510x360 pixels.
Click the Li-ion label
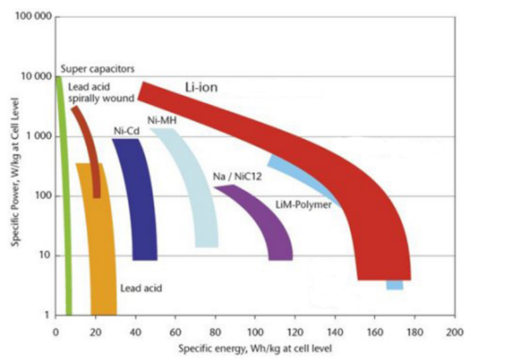[x=201, y=87]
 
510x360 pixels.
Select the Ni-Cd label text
[x=124, y=131]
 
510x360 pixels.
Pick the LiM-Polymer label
[x=303, y=205]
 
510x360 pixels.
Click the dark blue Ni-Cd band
[x=140, y=199]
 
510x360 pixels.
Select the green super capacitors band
[x=64, y=199]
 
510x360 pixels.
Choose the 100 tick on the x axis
[x=255, y=331]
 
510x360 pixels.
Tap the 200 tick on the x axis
[x=454, y=331]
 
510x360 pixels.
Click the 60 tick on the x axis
[x=175, y=331]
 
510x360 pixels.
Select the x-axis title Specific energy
[x=254, y=347]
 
